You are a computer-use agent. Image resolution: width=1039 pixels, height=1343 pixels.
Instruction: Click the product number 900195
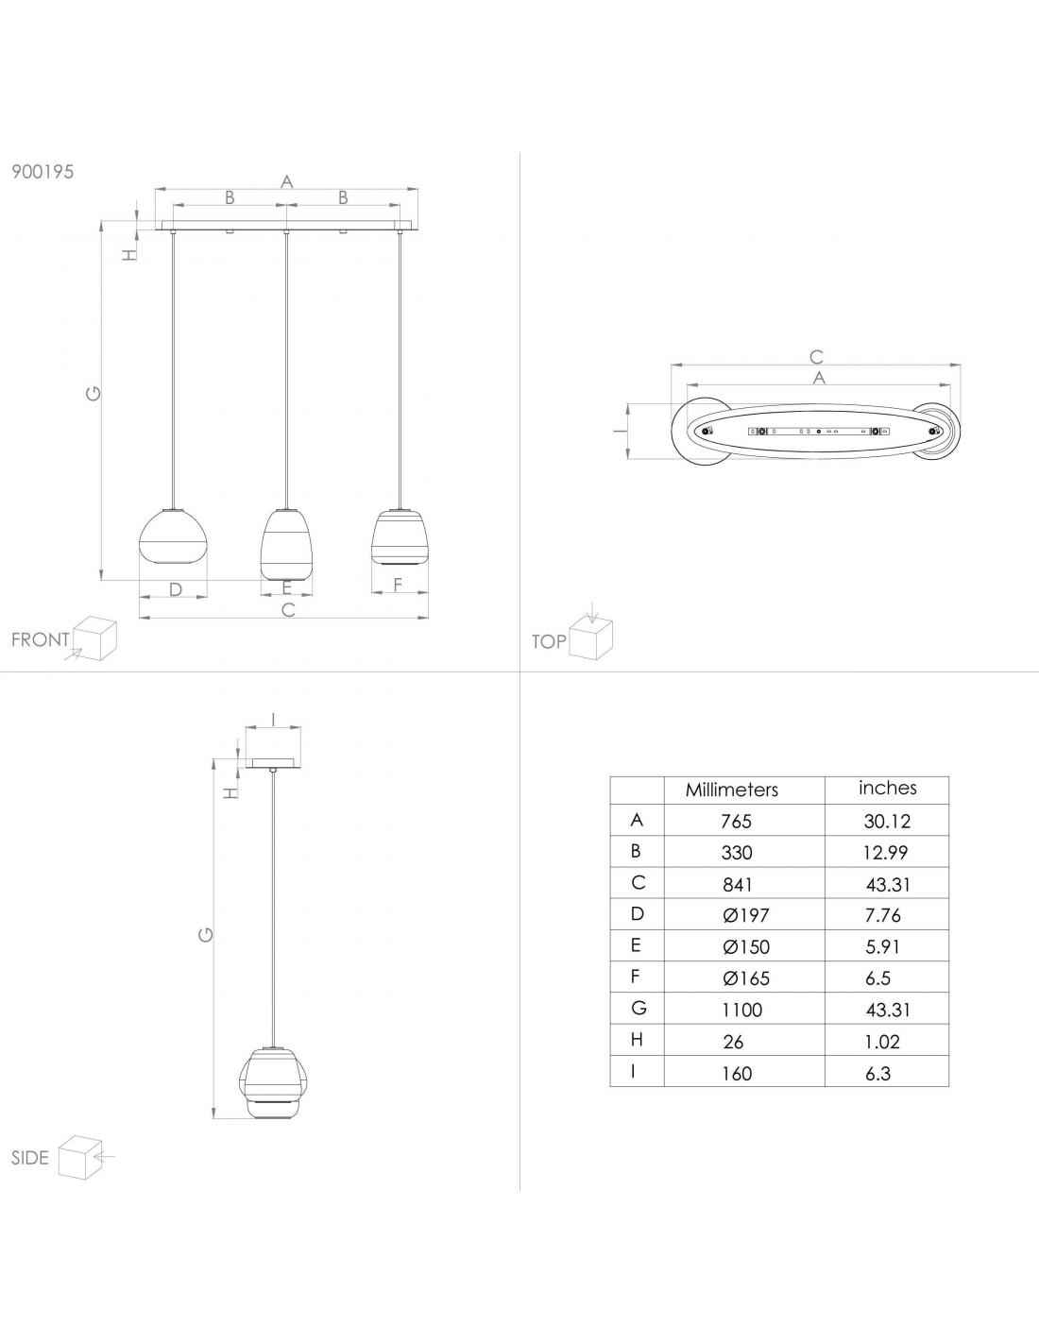point(43,172)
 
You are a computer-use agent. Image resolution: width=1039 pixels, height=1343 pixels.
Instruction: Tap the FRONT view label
point(41,639)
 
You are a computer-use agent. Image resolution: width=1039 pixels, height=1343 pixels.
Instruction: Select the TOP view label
point(549,642)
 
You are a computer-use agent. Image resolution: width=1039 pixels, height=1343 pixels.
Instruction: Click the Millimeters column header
point(732,790)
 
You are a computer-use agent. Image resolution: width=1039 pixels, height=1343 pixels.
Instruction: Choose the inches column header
point(888,788)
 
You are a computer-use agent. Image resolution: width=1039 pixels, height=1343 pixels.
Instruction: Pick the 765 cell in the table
point(736,822)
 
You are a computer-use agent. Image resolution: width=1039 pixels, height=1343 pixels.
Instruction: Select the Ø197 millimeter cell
point(745,915)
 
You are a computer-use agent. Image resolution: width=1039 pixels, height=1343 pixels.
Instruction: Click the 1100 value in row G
point(741,1011)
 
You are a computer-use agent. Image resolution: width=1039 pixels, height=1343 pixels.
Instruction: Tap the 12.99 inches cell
point(886,853)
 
